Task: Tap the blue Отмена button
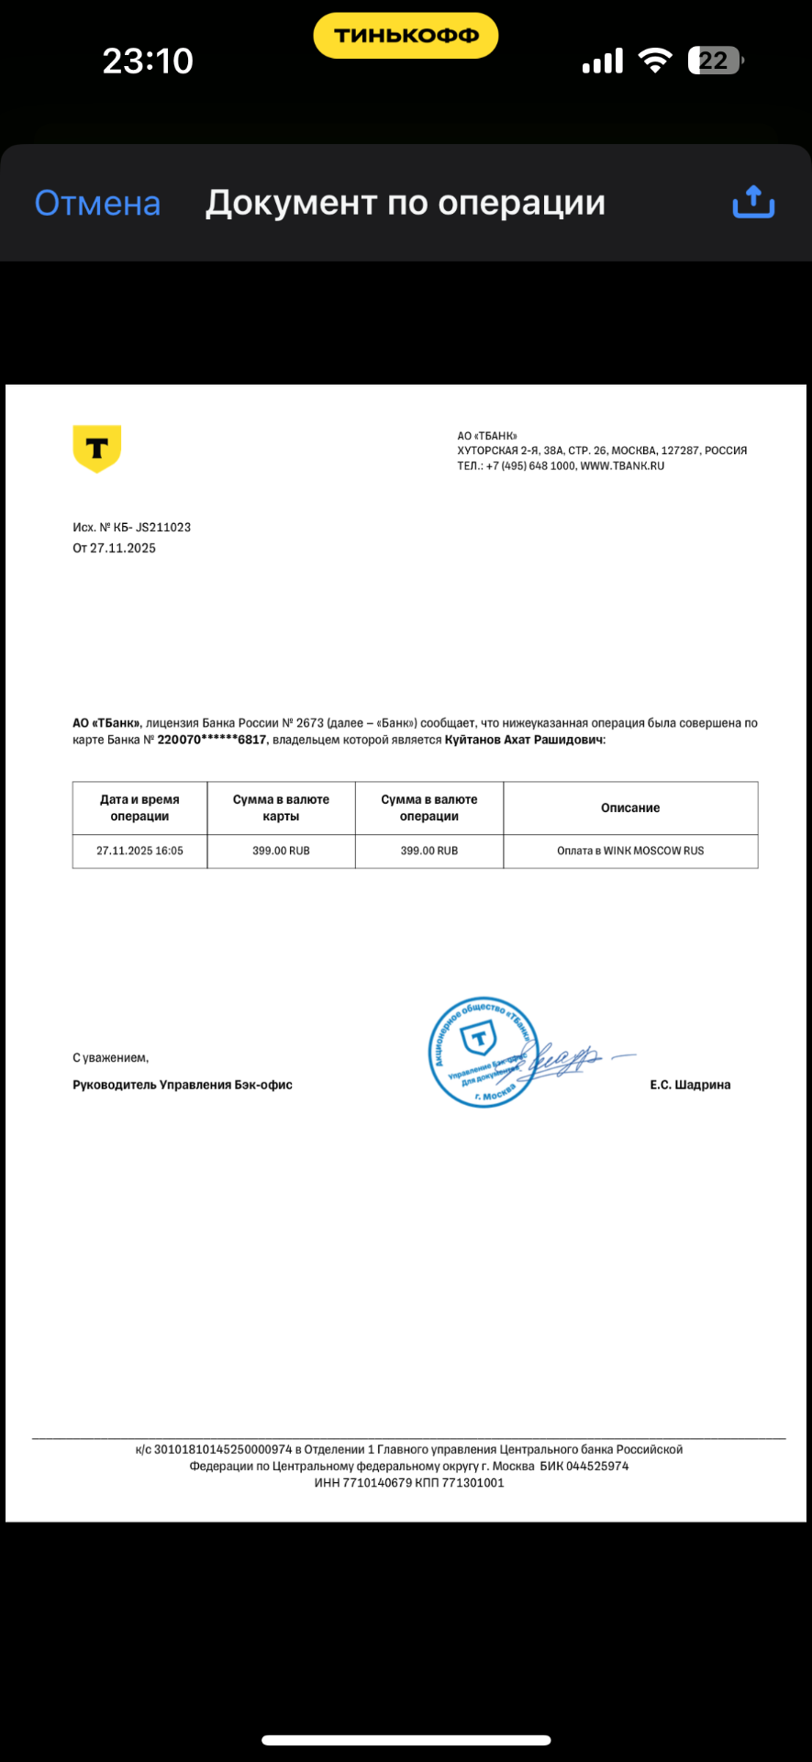pos(97,203)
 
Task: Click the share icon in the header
pos(753,202)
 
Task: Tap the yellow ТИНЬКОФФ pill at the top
pos(406,36)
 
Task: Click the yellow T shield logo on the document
pos(96,448)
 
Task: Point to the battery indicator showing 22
pos(715,61)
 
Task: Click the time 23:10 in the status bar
pos(148,61)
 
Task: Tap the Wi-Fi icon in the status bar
pos(655,61)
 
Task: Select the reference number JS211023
pos(163,528)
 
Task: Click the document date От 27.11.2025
pos(115,548)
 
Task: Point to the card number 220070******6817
pos(212,740)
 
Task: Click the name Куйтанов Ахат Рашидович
pos(524,740)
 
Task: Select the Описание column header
pos(630,808)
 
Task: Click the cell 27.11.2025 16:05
pos(139,851)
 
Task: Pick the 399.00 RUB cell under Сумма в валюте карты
pos(281,851)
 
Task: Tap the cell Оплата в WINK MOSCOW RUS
pos(630,851)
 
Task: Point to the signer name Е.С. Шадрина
pos(690,1085)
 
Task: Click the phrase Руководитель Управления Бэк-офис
pos(183,1085)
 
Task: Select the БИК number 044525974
pos(597,1466)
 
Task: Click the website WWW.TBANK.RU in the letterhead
pos(622,465)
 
